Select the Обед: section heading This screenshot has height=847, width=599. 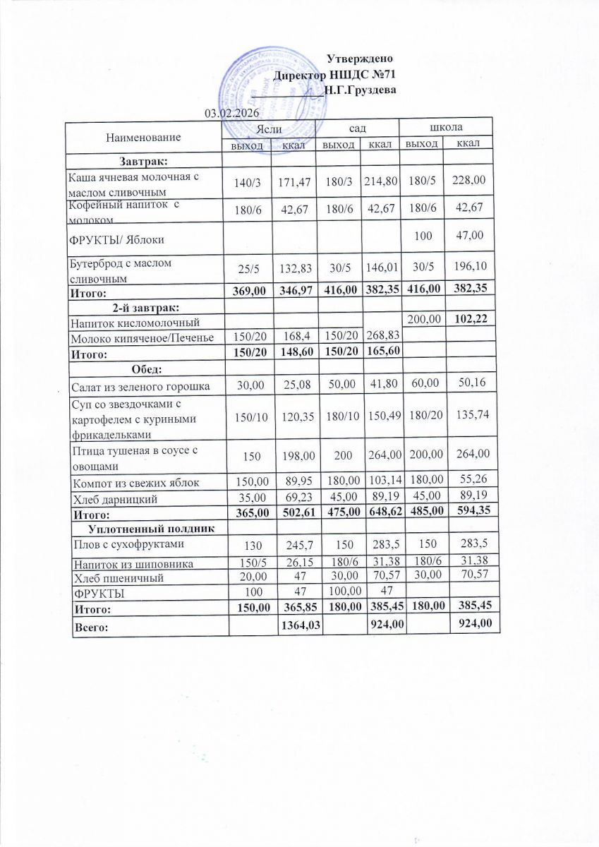coord(144,369)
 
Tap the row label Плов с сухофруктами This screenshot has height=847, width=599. coord(118,545)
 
